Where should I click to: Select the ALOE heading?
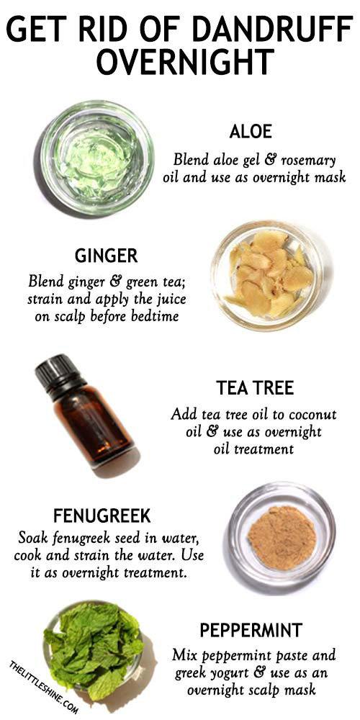251,132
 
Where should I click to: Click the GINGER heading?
106,256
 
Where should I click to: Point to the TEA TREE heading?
255,389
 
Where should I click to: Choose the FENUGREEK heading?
102,516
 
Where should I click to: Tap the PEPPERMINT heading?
251,631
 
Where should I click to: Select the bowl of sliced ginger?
267,276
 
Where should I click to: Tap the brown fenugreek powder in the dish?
282,537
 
